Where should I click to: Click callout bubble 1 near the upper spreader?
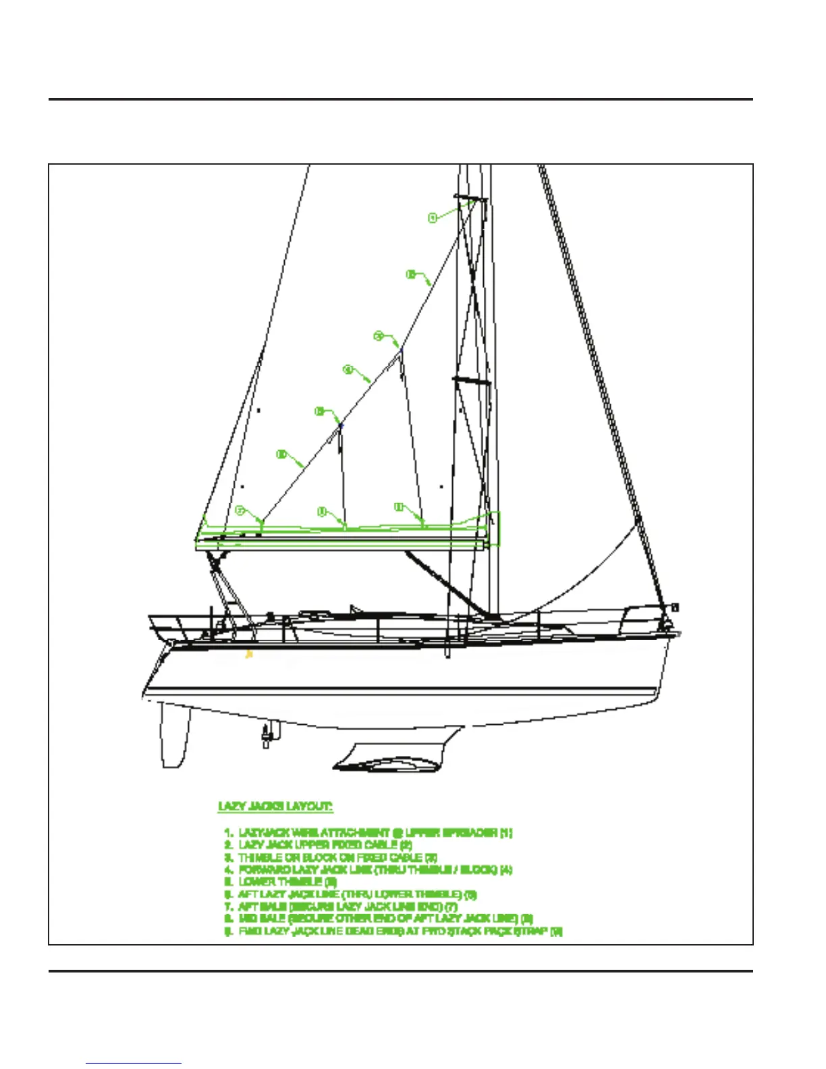(x=433, y=217)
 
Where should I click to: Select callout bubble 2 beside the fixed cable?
(x=410, y=274)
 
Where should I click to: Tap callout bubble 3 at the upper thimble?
(x=379, y=335)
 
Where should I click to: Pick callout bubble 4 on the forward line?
(x=348, y=369)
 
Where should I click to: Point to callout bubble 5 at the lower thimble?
(x=320, y=411)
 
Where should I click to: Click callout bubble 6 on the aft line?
(x=282, y=455)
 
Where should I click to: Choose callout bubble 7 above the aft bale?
(x=240, y=511)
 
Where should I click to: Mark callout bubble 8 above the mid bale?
(x=323, y=512)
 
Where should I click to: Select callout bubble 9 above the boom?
(x=399, y=506)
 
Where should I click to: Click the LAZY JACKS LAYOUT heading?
(x=275, y=806)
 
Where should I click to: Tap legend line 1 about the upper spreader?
(x=368, y=833)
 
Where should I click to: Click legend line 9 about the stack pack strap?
(x=394, y=931)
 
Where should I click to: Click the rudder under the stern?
(x=173, y=736)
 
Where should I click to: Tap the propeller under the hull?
(x=267, y=734)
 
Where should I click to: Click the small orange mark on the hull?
(x=249, y=653)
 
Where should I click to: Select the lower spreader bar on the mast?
(x=471, y=381)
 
